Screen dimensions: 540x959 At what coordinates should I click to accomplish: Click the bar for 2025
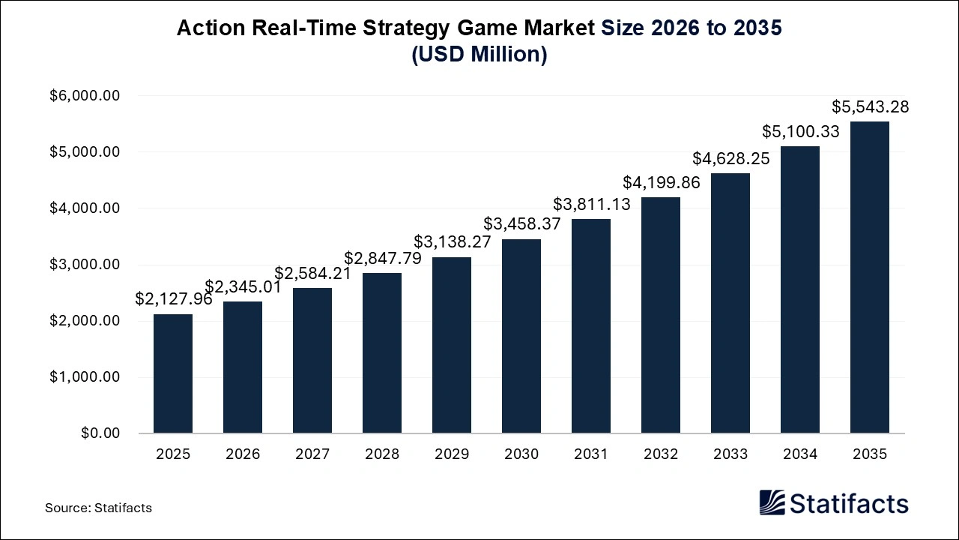tap(173, 373)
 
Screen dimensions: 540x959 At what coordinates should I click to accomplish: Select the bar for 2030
tap(521, 336)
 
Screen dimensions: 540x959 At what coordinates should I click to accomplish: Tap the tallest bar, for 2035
tap(870, 277)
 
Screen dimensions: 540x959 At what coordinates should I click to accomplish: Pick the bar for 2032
tap(661, 315)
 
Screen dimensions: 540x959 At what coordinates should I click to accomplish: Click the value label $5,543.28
tap(870, 107)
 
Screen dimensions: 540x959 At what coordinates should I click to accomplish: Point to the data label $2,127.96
tap(174, 299)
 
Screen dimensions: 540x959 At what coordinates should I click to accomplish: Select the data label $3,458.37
tap(521, 223)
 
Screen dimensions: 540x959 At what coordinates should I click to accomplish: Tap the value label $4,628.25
tap(730, 158)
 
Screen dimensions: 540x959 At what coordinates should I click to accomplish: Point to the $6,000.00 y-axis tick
tap(85, 96)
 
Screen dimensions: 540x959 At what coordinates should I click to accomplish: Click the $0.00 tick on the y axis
tap(101, 433)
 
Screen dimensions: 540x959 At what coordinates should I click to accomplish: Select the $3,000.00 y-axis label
tap(85, 265)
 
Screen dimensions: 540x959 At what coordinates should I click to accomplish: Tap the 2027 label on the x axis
tap(312, 454)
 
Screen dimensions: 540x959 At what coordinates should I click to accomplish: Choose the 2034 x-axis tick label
tap(800, 454)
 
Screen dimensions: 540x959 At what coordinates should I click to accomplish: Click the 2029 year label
tap(452, 454)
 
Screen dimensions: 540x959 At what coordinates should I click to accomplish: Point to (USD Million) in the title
tap(479, 55)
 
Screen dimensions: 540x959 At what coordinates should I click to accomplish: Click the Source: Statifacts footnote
tap(98, 508)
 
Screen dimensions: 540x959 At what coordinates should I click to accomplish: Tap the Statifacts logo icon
tap(772, 502)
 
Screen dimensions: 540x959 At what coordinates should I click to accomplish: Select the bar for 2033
tap(730, 303)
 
